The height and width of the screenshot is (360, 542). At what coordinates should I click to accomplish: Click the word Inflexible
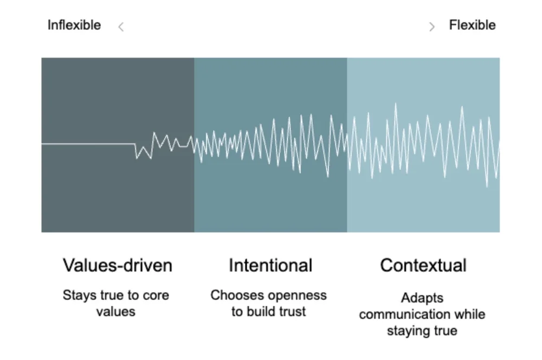coord(74,25)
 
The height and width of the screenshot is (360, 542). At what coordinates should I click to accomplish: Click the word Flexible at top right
coord(472,25)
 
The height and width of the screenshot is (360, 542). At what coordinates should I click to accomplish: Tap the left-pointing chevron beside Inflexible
coord(121,27)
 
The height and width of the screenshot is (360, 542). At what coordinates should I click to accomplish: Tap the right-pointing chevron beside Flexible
coord(431,27)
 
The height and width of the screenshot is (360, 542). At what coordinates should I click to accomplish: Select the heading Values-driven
coord(118,266)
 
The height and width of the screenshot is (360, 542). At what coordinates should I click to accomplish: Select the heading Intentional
coord(270,266)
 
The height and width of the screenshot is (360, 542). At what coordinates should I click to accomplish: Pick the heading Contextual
coord(423,266)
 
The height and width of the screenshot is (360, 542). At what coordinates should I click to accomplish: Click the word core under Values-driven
coord(156,296)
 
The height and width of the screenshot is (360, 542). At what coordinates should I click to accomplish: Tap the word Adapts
coord(422,298)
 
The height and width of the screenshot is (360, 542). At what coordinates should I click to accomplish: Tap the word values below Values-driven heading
coord(115,312)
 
